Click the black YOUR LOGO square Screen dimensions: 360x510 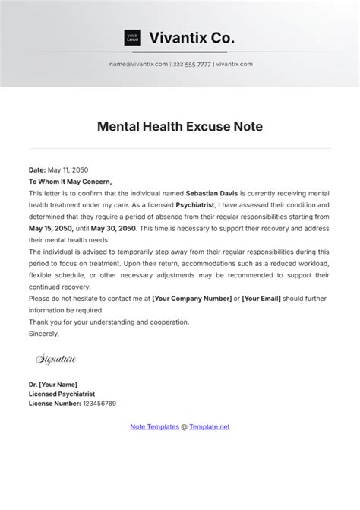[x=132, y=37]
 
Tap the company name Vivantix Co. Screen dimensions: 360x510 [x=192, y=37]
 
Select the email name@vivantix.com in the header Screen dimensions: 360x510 [x=138, y=64]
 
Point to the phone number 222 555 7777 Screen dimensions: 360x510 [x=192, y=64]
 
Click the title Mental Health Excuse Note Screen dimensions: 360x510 [x=180, y=127]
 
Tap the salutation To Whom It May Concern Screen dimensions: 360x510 [x=70, y=182]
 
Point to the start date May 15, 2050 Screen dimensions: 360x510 [x=51, y=228]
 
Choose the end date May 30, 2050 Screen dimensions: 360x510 [x=114, y=228]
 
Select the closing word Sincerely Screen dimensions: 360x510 [x=43, y=333]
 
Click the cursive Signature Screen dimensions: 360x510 [x=55, y=358]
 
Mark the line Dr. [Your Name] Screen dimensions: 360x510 [x=53, y=385]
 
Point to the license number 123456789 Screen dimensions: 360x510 [x=99, y=404]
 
